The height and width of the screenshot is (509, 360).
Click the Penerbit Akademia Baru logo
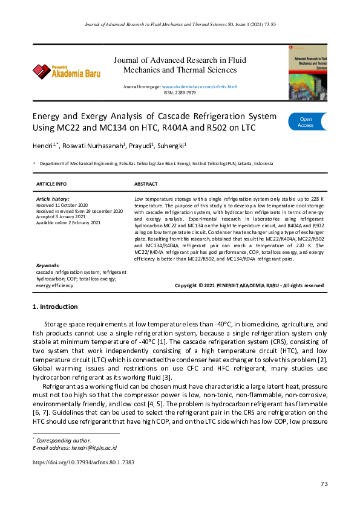click(x=67, y=72)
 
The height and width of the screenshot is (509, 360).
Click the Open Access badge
click(x=307, y=122)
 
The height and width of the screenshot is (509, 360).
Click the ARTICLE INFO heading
click(x=51, y=184)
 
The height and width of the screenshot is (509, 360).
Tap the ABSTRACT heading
click(x=145, y=184)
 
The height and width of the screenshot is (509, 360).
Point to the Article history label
click(x=53, y=199)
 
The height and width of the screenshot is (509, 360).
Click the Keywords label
click(x=48, y=265)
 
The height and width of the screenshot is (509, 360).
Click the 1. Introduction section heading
click(x=54, y=306)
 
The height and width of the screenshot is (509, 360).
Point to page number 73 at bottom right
click(x=324, y=483)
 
